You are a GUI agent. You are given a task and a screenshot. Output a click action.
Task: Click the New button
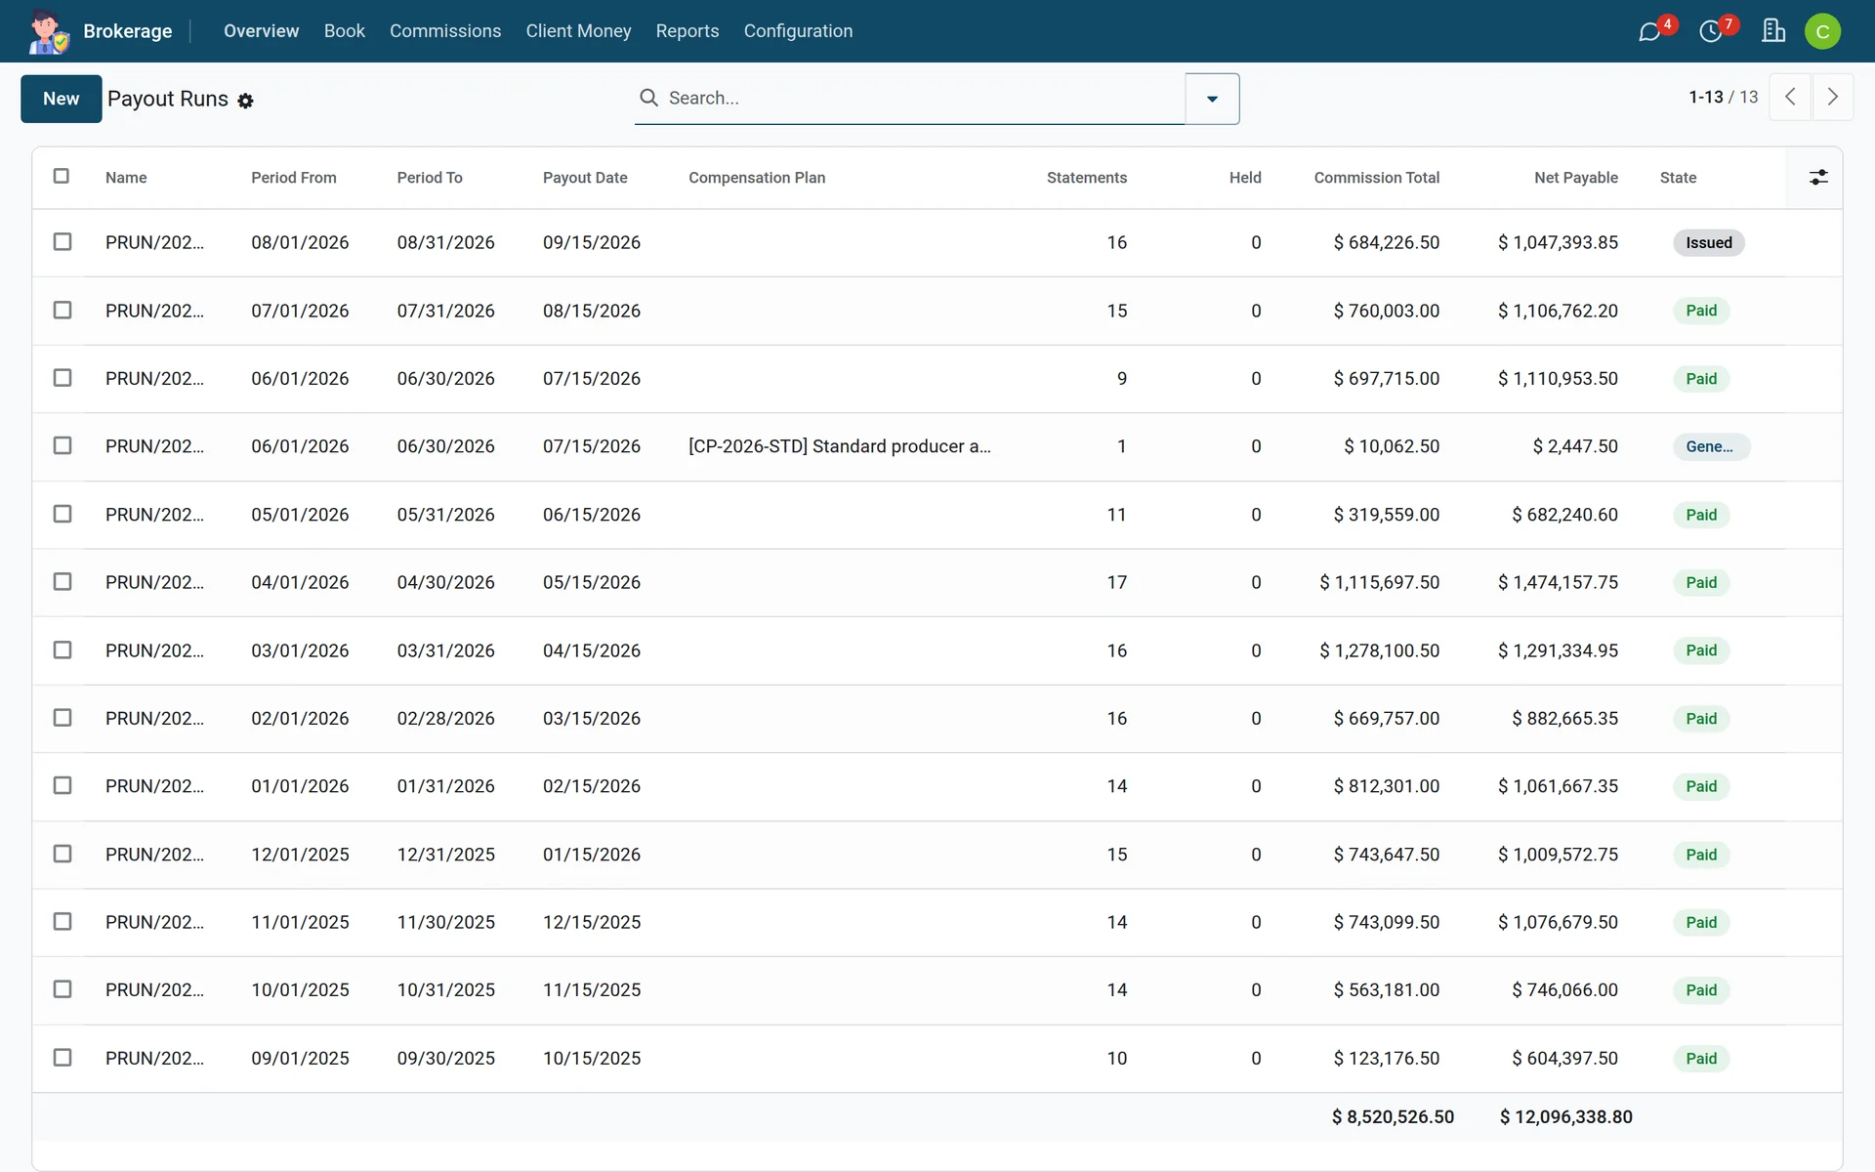(61, 99)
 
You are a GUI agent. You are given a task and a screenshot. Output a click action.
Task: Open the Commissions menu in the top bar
(445, 31)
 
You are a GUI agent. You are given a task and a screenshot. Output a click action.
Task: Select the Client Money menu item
(578, 31)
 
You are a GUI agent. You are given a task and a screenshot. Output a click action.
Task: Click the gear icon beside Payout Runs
(246, 101)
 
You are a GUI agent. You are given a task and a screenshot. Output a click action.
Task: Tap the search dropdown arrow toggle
(1212, 99)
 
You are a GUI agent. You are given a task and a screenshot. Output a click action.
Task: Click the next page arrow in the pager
(1832, 97)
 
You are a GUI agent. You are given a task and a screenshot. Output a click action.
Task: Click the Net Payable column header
(1575, 178)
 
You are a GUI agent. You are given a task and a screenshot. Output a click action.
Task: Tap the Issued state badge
(1708, 243)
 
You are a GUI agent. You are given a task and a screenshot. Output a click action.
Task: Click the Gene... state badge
(1710, 446)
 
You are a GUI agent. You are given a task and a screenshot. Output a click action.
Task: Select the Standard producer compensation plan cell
(839, 446)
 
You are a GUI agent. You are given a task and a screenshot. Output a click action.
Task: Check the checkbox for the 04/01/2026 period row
(62, 582)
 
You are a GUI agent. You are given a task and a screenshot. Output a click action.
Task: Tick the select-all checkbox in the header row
(62, 176)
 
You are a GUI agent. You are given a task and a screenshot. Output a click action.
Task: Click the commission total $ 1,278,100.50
(1379, 650)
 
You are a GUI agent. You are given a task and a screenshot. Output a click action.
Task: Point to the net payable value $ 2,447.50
(1575, 446)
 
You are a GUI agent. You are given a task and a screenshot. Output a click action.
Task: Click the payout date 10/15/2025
(592, 1058)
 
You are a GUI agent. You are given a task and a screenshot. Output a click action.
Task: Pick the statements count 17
(1117, 582)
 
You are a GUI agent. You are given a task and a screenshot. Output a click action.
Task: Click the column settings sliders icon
(1818, 178)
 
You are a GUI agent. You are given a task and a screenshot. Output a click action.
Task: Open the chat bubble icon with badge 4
(1649, 32)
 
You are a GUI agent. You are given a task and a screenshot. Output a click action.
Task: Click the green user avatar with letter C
(1822, 31)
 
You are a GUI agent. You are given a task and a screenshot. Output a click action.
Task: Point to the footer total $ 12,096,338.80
(1566, 1117)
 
